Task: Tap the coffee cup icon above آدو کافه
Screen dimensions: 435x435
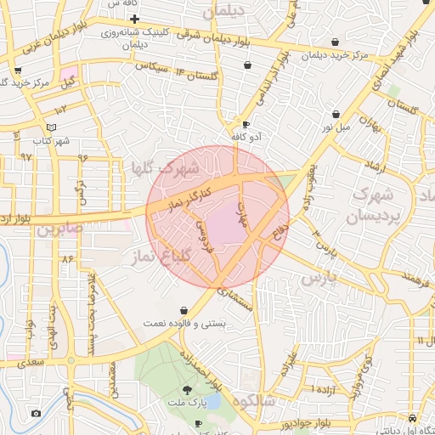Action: [246, 124]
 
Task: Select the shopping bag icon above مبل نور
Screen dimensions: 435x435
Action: [336, 114]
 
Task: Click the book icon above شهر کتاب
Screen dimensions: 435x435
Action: [52, 127]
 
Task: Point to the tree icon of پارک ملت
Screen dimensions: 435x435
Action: [199, 392]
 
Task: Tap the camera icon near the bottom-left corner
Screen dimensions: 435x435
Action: [36, 414]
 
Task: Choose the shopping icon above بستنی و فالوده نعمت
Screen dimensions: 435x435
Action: [184, 311]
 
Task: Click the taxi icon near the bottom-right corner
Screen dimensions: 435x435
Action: [412, 419]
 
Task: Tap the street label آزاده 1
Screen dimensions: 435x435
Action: [323, 389]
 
